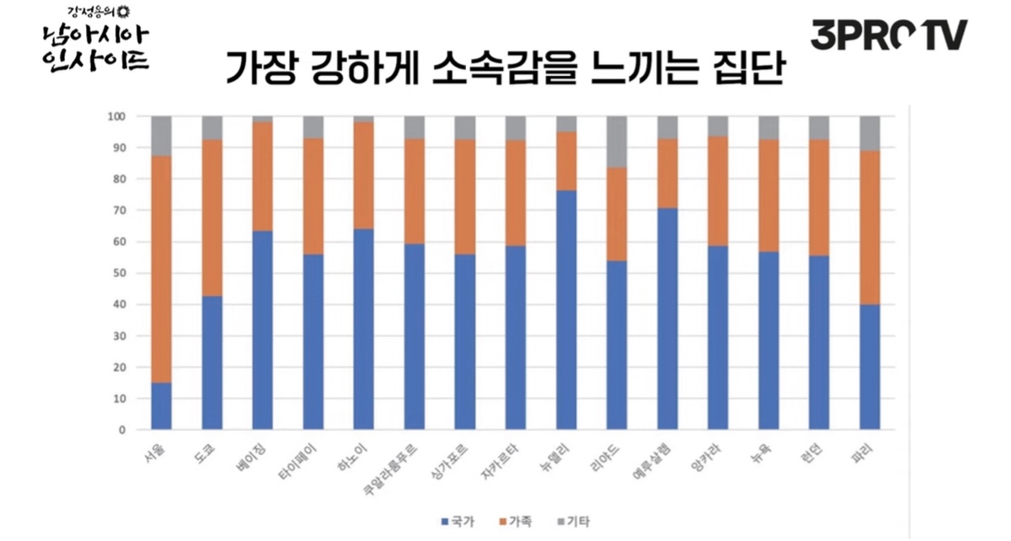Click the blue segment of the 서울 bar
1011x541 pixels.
coord(162,406)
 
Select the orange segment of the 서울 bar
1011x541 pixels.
coord(162,270)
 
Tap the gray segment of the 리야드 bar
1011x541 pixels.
coord(617,142)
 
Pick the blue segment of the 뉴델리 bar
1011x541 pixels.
coord(566,310)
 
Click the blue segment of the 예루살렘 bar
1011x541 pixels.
coord(667,319)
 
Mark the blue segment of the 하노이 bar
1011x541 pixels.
coord(364,329)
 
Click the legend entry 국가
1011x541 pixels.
coord(458,522)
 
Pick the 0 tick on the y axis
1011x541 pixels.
coord(121,430)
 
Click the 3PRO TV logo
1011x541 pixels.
coord(889,35)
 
